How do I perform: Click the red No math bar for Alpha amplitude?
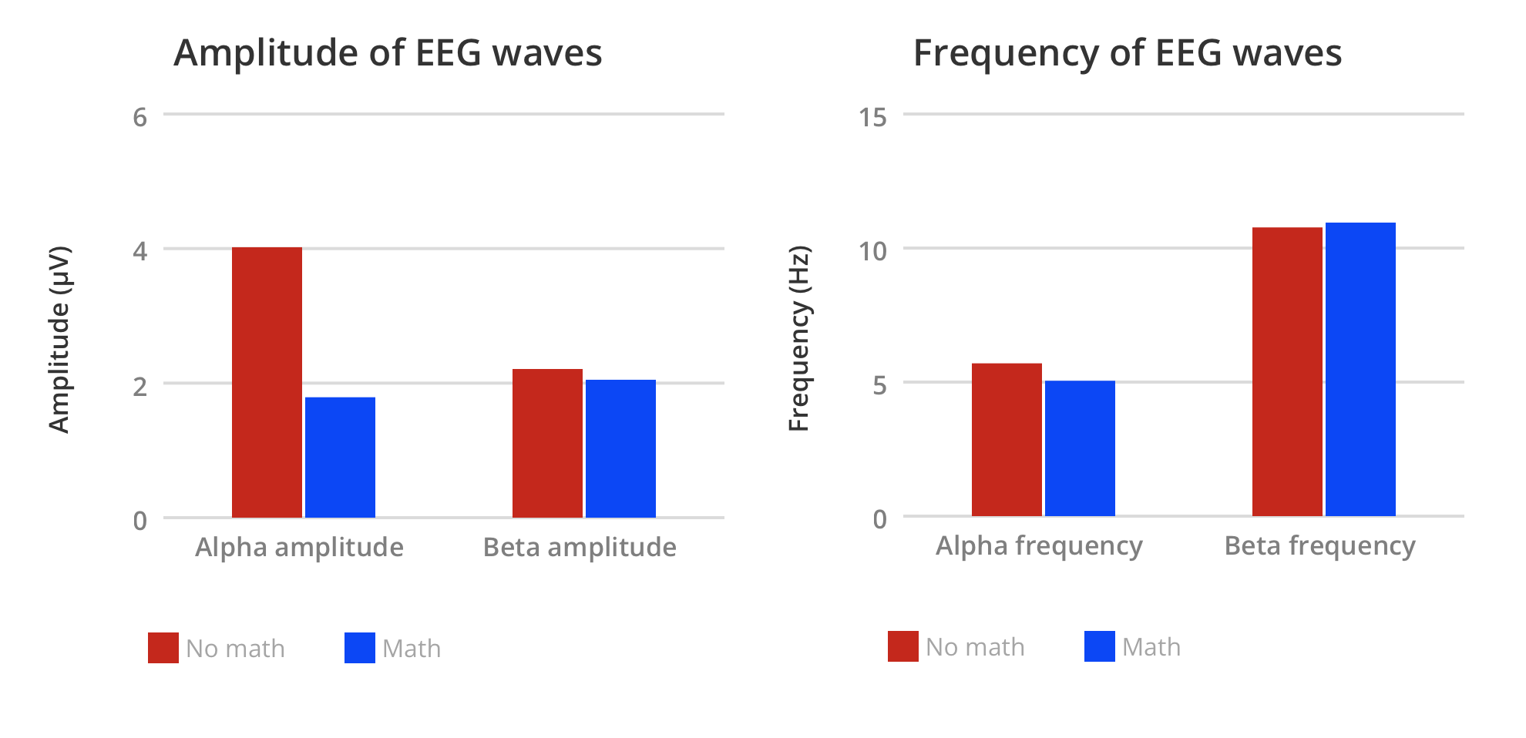tap(267, 382)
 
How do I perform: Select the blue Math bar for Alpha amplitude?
tap(340, 457)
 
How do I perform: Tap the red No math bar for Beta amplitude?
tap(547, 443)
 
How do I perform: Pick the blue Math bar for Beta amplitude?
tap(620, 448)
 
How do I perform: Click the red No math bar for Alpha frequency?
tap(1007, 439)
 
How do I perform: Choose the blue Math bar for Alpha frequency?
tap(1080, 448)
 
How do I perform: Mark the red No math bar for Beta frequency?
tap(1287, 371)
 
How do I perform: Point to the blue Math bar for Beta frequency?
tap(1360, 369)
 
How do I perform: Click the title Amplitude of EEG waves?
tap(388, 53)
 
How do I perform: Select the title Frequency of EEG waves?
tap(1128, 53)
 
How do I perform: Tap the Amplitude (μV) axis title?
tap(59, 339)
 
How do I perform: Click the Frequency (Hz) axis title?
tap(799, 338)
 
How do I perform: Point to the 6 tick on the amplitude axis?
tap(139, 117)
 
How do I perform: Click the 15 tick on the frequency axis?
tap(873, 117)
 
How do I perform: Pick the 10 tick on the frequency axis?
tap(873, 251)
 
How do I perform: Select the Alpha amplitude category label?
tap(299, 547)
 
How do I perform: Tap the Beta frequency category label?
tap(1319, 545)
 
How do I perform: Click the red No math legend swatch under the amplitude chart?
tap(163, 648)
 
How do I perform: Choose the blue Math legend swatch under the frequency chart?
tap(1100, 646)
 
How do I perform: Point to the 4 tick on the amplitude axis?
tap(139, 251)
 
